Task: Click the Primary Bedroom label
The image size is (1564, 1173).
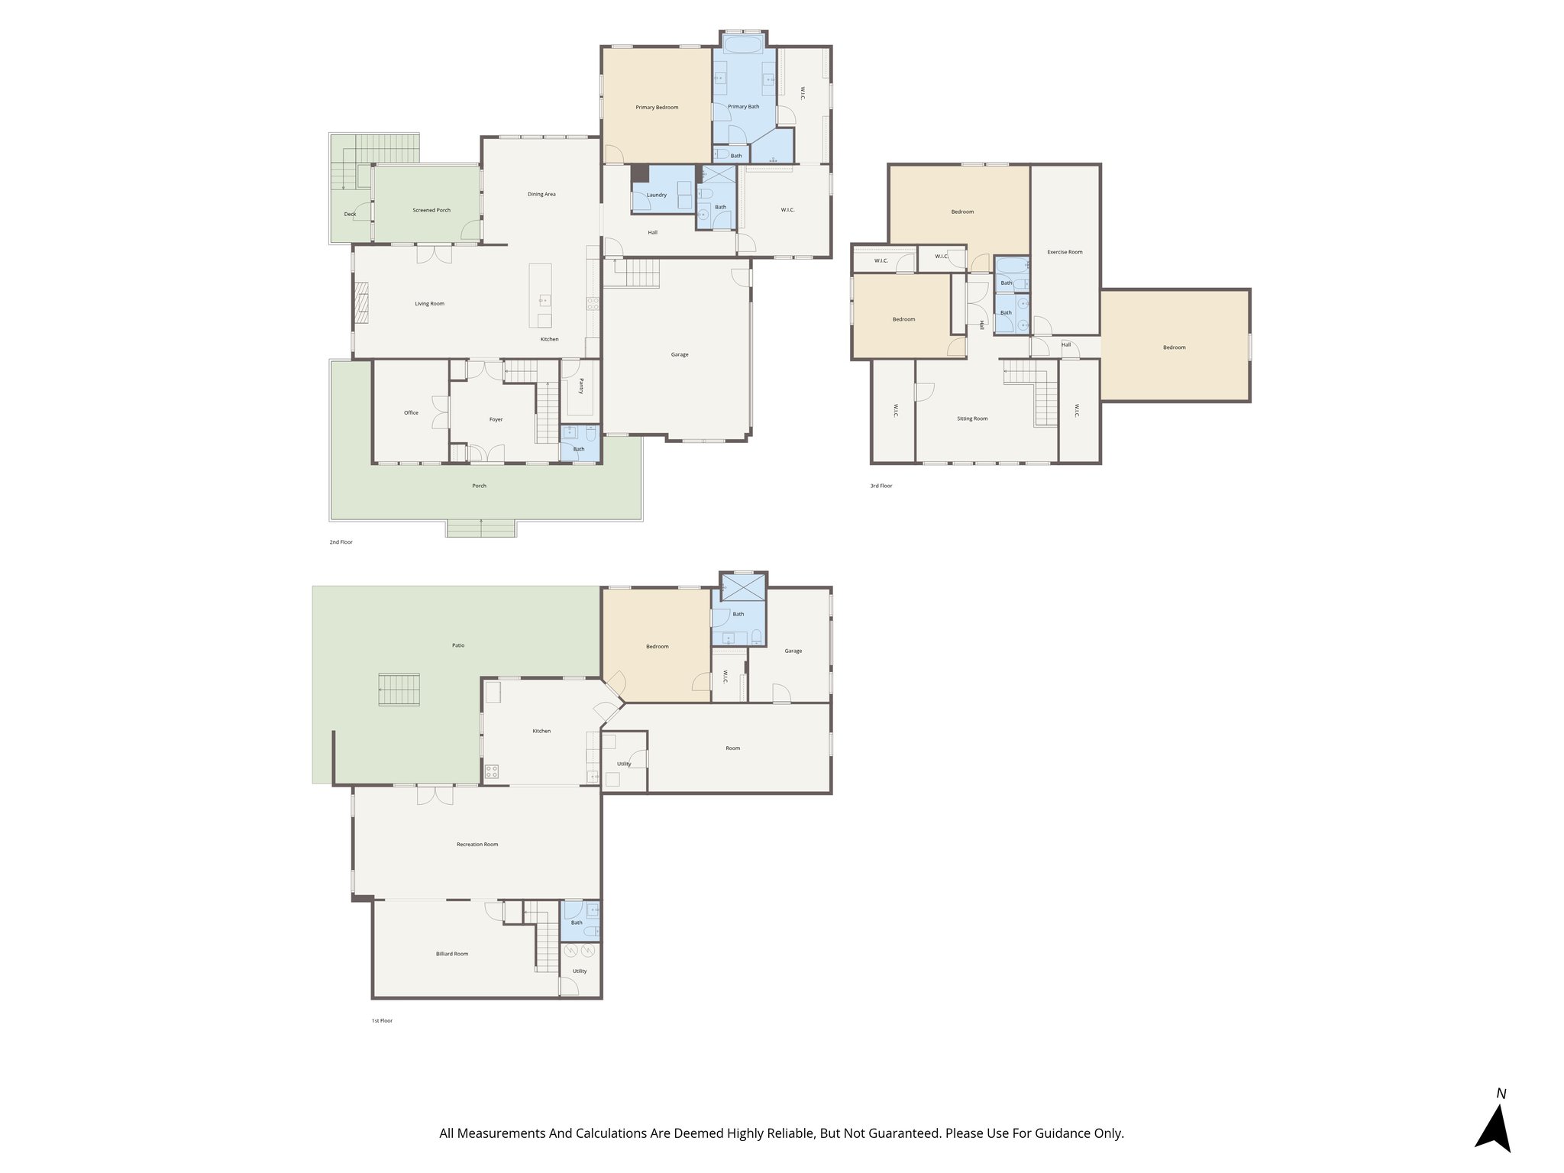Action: (657, 108)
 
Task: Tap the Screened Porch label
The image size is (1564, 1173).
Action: (431, 210)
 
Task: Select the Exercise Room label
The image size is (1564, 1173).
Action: (1065, 252)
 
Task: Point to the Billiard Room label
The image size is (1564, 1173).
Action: (452, 954)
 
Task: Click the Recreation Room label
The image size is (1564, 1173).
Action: (477, 845)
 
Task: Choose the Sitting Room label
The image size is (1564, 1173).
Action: (972, 418)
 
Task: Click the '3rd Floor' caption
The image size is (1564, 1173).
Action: (881, 486)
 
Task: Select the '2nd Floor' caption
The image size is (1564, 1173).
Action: (341, 542)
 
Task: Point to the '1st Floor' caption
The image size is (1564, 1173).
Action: (382, 1020)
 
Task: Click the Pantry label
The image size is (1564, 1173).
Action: (581, 386)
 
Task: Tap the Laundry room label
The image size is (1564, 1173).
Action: (657, 195)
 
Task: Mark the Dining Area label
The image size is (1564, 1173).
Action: (541, 194)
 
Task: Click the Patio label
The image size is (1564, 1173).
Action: (458, 645)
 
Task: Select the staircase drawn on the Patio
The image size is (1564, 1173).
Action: (399, 690)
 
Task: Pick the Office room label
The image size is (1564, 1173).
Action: (411, 413)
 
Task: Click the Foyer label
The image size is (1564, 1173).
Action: (496, 419)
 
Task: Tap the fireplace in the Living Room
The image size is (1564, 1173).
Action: (361, 303)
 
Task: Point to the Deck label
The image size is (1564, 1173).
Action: (350, 214)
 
